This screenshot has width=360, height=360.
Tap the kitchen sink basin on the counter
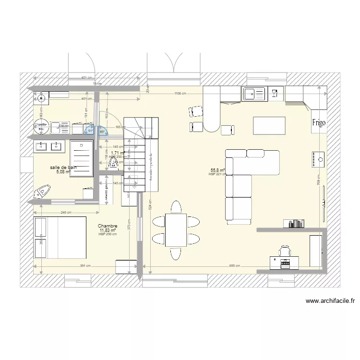(x=251, y=94)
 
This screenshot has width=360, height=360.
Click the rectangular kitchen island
(x=269, y=126)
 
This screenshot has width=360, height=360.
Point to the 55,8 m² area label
(x=217, y=170)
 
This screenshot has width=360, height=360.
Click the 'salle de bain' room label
(x=63, y=168)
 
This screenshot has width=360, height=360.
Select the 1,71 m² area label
(x=118, y=153)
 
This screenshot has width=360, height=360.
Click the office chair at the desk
(x=285, y=250)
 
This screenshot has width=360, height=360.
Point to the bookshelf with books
(x=294, y=223)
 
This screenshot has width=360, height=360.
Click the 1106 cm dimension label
(x=180, y=94)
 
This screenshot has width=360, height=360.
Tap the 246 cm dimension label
(x=66, y=213)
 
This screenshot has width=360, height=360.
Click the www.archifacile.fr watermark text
(x=330, y=301)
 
